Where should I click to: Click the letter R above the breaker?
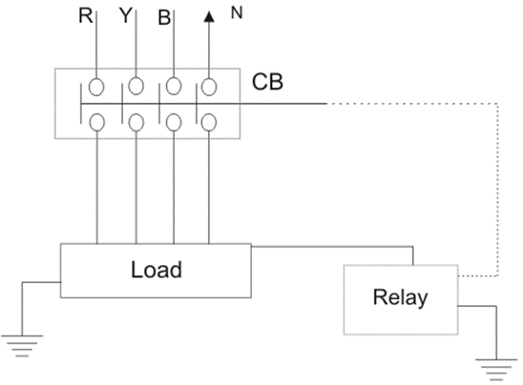[87, 17]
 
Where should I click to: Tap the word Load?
[156, 271]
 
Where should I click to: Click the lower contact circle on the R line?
[98, 122]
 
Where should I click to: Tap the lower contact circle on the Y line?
[136, 122]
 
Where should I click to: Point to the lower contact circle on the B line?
[175, 122]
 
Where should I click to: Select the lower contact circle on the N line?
[209, 122]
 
